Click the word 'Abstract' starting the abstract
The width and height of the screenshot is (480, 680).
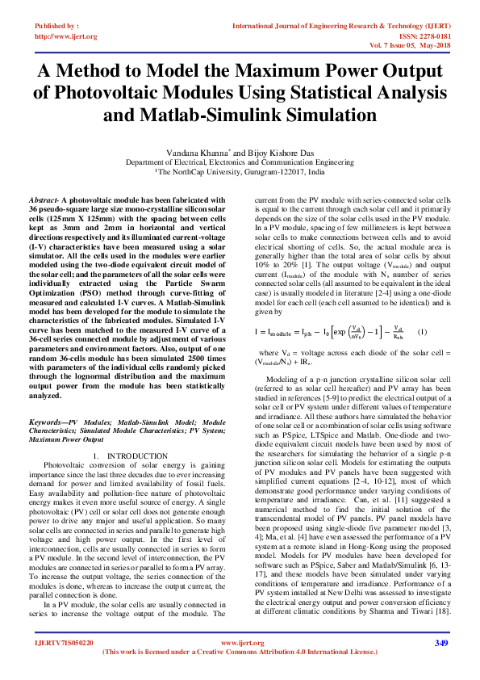click(42, 199)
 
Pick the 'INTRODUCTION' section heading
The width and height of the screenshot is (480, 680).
click(141, 457)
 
